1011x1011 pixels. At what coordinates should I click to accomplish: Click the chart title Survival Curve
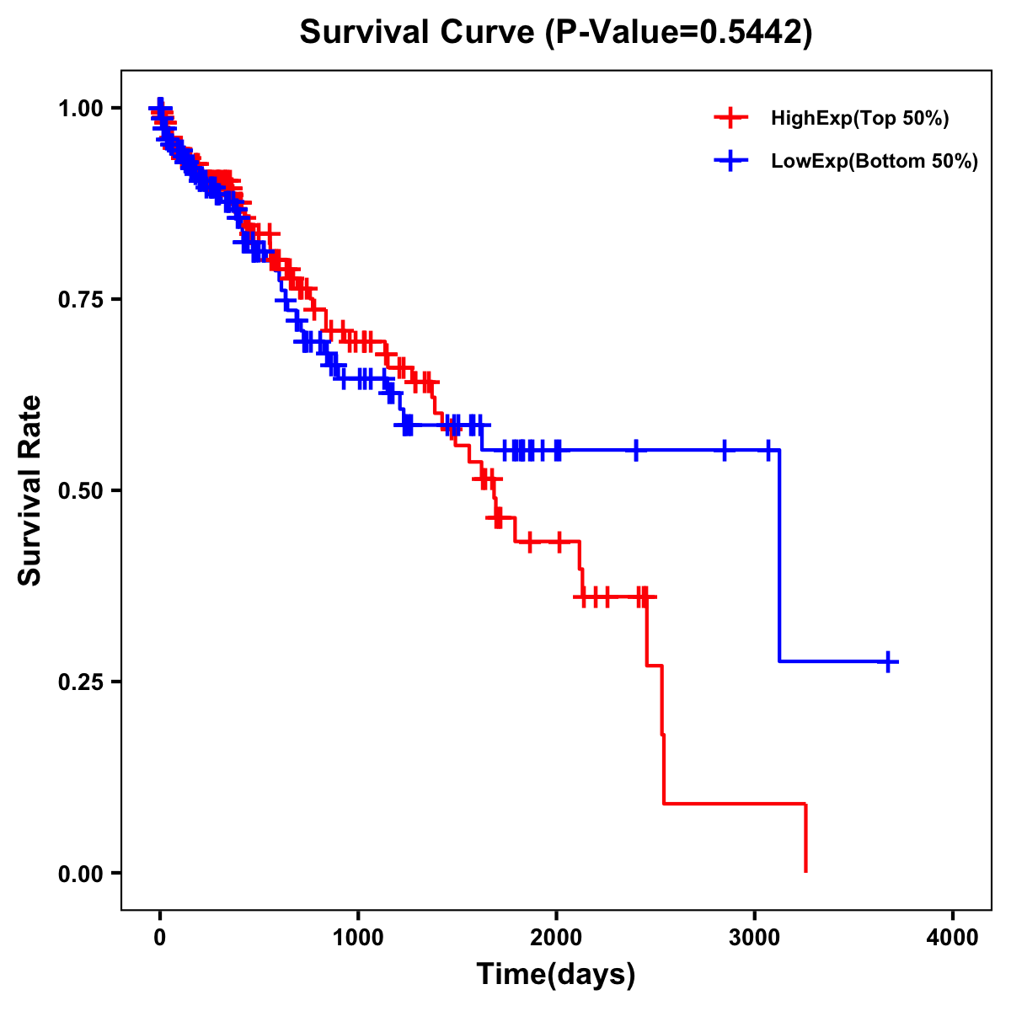[417, 33]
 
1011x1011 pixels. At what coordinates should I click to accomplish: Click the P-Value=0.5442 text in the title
[678, 33]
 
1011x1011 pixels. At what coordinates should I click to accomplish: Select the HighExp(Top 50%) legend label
[859, 118]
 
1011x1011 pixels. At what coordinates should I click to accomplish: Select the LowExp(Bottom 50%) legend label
[875, 161]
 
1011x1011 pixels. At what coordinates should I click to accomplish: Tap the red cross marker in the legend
[730, 118]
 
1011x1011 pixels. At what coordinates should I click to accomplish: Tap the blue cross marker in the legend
[730, 161]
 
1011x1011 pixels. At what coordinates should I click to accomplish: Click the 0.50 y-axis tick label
[80, 490]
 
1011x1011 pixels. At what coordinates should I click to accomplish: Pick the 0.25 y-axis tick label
[80, 682]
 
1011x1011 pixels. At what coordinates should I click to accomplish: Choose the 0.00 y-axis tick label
[80, 873]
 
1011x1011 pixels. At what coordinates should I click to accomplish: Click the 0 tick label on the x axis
[160, 937]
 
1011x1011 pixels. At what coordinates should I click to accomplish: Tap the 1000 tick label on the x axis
[358, 937]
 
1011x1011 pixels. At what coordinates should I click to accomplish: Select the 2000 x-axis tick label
[556, 937]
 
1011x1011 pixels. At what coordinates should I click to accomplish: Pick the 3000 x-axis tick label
[755, 937]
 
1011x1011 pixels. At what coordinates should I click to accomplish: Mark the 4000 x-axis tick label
[953, 937]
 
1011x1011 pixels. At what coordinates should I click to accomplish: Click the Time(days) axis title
[556, 975]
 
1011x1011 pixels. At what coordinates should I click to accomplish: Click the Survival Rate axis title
[30, 490]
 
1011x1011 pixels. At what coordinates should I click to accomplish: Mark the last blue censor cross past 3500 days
[887, 662]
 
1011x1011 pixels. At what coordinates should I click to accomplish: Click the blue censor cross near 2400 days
[636, 451]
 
